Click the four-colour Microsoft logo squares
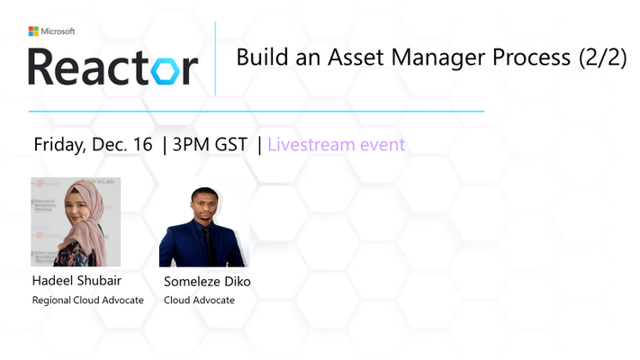(33, 31)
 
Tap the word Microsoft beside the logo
(58, 31)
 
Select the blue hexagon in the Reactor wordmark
(166, 71)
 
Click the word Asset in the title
(356, 57)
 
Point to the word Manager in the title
(438, 58)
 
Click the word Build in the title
(263, 57)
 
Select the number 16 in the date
(142, 145)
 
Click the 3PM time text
(191, 145)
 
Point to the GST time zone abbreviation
(231, 145)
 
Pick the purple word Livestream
(311, 145)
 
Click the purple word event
(383, 145)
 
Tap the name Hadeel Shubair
(77, 281)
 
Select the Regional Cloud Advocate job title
(87, 300)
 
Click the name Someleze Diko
(207, 281)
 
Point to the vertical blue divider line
(215, 58)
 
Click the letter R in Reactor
(41, 67)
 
